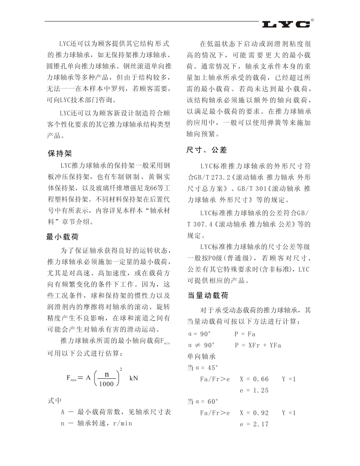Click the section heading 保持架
point(60,154)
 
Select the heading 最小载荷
point(62,237)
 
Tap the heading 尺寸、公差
point(207,150)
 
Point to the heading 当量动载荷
point(208,296)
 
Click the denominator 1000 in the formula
point(107,384)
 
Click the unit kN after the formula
point(134,378)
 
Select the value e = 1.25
point(254,390)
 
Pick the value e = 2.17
point(254,424)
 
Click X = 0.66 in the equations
point(254,379)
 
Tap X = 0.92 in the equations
point(254,413)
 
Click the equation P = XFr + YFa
point(258,345)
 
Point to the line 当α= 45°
point(203,367)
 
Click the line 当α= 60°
point(203,401)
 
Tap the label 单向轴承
point(202,356)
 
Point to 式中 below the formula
point(55,400)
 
